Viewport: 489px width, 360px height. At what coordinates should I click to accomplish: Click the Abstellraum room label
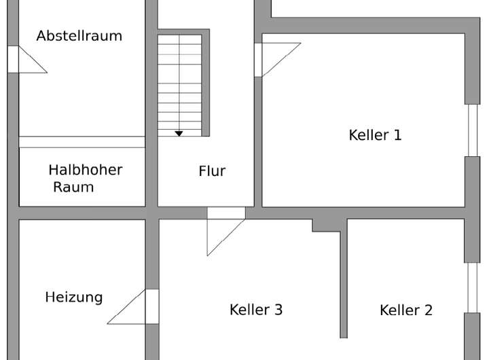[x=79, y=36]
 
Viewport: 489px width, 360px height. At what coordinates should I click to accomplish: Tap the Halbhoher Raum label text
[x=85, y=178]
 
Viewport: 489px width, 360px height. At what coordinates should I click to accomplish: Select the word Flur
[x=212, y=171]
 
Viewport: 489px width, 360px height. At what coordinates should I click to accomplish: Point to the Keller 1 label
[x=375, y=134]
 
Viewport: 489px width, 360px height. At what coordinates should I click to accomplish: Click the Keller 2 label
[x=406, y=310]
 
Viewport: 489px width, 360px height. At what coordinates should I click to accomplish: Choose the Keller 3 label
[x=256, y=310]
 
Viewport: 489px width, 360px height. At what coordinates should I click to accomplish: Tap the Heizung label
[x=74, y=297]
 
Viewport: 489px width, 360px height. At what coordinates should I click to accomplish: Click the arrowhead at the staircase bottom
[x=179, y=134]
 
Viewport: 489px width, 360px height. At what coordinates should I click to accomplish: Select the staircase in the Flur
[x=180, y=82]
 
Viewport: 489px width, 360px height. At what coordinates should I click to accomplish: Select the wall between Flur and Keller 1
[x=258, y=136]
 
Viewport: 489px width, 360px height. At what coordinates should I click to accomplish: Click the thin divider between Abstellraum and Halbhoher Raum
[x=81, y=142]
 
